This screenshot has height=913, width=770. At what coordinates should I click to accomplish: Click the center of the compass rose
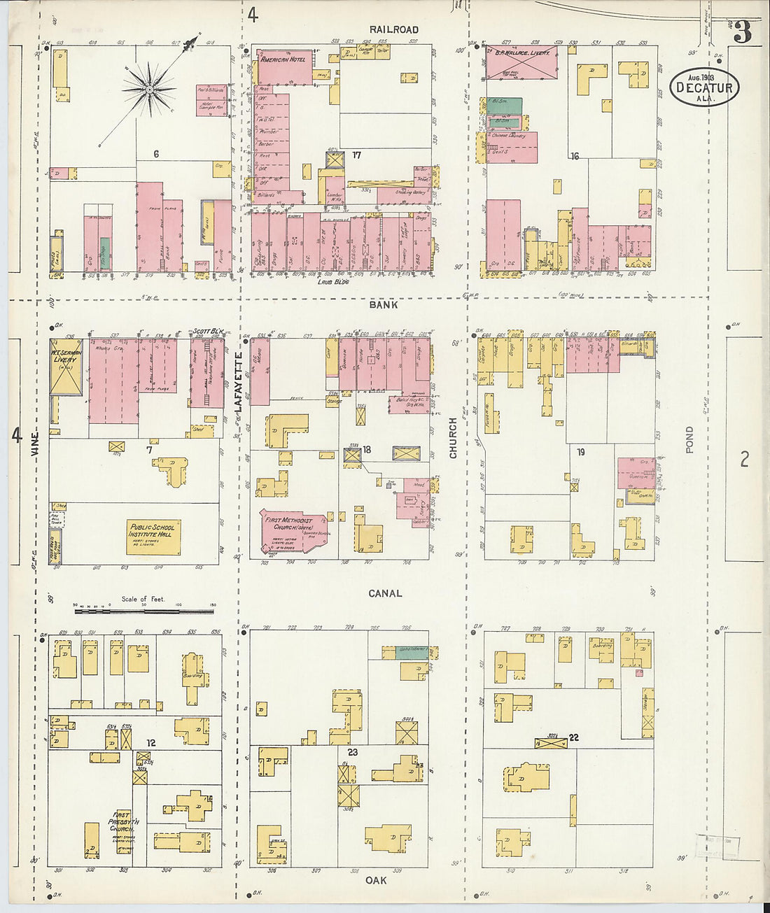[x=149, y=90]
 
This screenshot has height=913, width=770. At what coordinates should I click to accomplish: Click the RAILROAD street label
[x=395, y=29]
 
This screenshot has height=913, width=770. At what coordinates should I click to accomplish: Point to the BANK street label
[x=384, y=304]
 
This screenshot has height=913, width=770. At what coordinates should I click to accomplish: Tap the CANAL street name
[x=385, y=593]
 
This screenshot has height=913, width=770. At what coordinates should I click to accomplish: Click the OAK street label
[x=376, y=880]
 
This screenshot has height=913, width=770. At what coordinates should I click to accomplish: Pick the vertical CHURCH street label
[x=453, y=438]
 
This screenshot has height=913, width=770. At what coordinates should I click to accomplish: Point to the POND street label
[x=689, y=440]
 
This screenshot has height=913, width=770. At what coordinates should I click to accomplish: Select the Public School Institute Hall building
[x=154, y=537]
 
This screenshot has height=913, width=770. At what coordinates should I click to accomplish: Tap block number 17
[x=356, y=155]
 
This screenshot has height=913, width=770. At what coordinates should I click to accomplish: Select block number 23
[x=352, y=752]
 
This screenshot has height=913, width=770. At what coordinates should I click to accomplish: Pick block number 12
[x=150, y=743]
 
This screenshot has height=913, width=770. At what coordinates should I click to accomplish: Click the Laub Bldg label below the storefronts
[x=332, y=282]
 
